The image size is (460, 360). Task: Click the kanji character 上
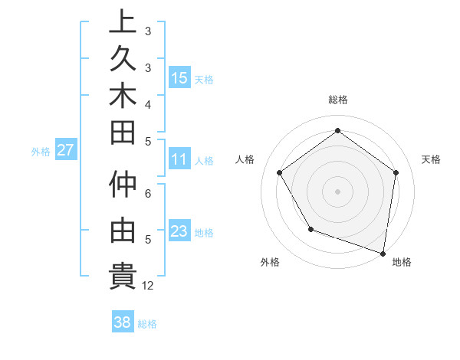point(123,22)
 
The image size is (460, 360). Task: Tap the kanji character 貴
point(123,275)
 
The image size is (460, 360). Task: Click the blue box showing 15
point(179,77)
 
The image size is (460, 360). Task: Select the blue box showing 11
point(179,159)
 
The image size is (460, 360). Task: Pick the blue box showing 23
point(179,231)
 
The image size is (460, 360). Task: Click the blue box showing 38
point(123,322)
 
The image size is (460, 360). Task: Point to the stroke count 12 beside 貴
point(148,286)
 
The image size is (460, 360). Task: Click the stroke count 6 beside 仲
point(148,195)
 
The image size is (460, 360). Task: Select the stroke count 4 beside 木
point(148,103)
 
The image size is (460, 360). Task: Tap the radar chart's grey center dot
point(337,191)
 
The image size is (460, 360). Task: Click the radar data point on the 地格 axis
point(383,252)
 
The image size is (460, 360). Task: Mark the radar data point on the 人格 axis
point(279,172)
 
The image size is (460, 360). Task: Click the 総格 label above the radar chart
point(337,100)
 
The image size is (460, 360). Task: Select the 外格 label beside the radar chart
point(270,263)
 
